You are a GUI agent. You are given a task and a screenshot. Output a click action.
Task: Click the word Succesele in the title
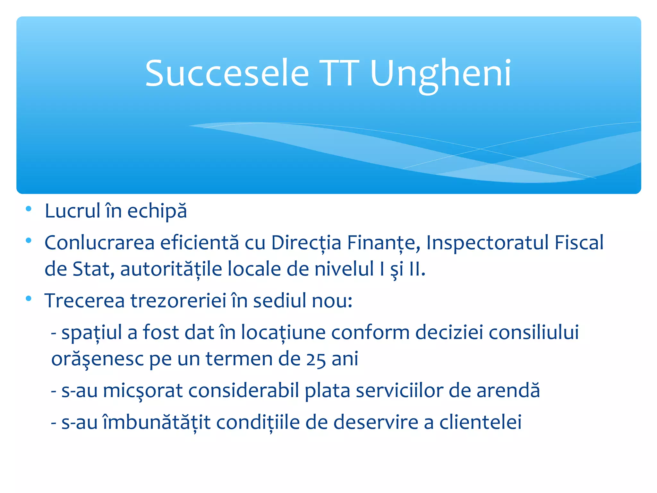227,74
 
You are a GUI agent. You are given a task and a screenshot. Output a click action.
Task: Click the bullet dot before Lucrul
29,209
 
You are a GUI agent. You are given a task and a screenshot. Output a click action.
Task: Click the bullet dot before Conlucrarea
29,240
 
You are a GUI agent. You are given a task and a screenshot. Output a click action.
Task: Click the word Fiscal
579,242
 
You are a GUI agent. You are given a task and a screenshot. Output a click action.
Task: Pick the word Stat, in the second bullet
93,269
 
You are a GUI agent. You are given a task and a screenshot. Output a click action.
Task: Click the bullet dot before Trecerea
29,298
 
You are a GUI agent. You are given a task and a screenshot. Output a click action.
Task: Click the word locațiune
283,333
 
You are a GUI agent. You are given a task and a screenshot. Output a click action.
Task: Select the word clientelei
480,422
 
